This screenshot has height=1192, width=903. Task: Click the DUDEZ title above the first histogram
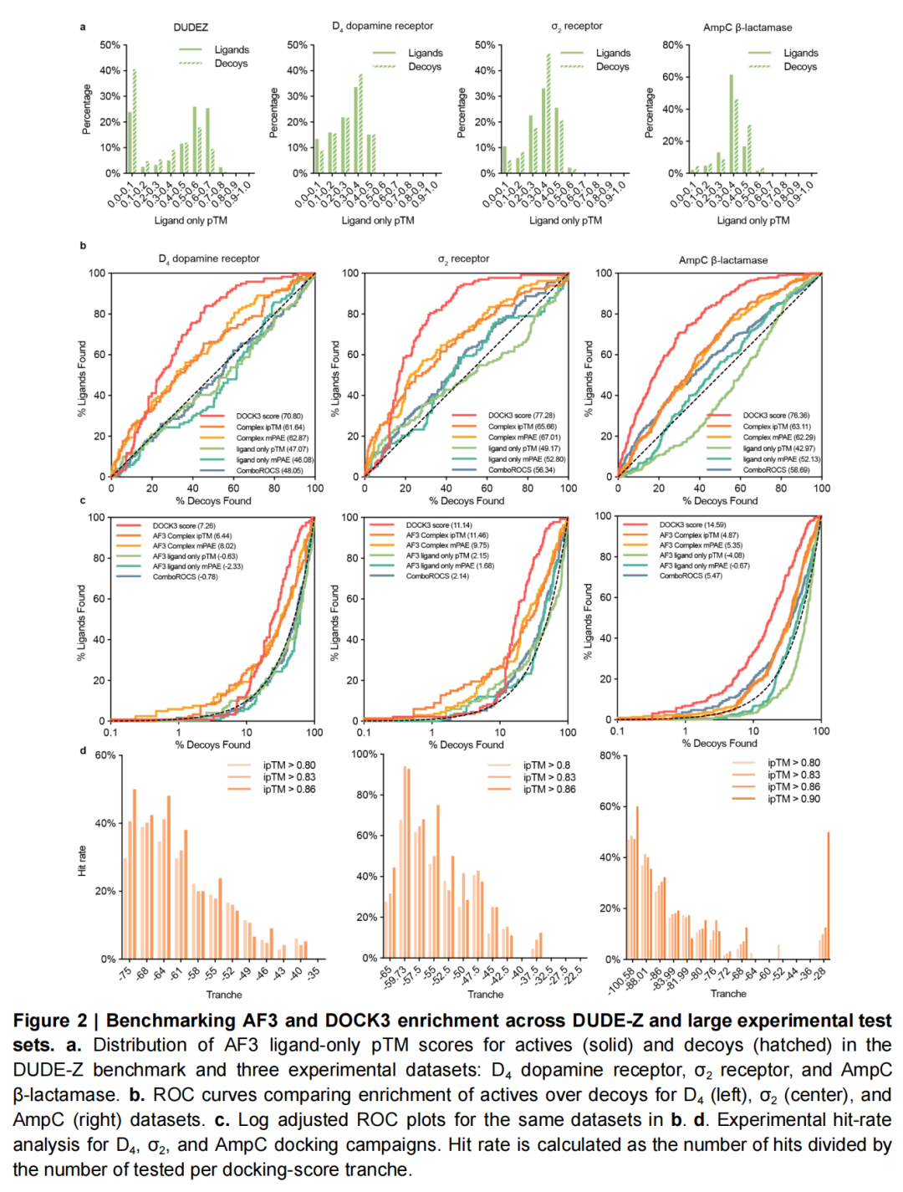coord(191,28)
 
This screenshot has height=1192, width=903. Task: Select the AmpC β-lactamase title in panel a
coord(747,28)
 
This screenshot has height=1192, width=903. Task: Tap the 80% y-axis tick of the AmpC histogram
coord(673,45)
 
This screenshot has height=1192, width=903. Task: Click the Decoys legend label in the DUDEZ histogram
coord(231,64)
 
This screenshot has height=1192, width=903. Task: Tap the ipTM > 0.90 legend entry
coord(793,799)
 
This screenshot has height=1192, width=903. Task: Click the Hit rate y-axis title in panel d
coord(82,861)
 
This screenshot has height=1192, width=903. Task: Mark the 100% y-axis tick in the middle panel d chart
coord(365,755)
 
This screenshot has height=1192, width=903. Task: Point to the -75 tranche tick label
coord(125,973)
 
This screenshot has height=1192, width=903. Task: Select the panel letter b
coord(83,246)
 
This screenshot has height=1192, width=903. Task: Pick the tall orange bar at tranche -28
coord(829,895)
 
